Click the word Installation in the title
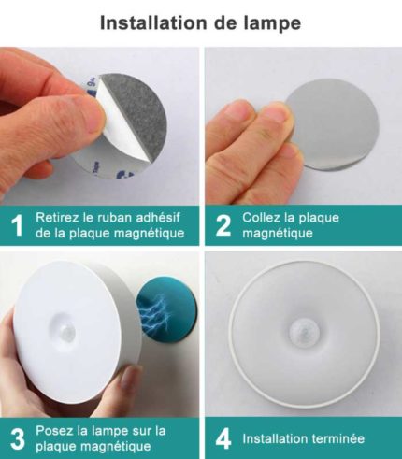[153, 22]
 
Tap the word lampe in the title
[272, 23]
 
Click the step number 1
[17, 225]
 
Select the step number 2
[223, 225]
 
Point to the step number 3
[17, 439]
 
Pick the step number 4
[223, 438]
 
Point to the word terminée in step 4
[338, 438]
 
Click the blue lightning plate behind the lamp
[168, 312]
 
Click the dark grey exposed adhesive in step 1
[138, 115]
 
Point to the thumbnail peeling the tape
[92, 120]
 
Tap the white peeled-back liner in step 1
[122, 137]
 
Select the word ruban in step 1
[114, 217]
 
